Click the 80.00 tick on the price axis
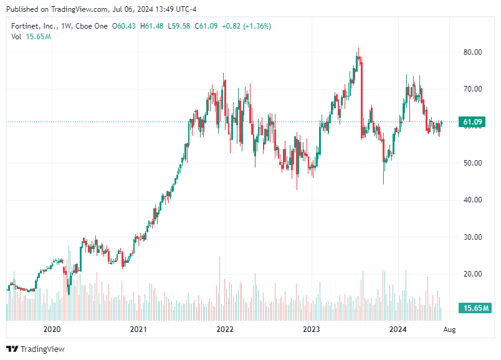tap(473, 52)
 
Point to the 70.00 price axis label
tap(473, 89)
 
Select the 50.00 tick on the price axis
tap(473, 163)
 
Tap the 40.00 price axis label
tap(473, 200)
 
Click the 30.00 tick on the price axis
tap(473, 237)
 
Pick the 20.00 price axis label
tap(473, 274)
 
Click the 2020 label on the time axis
tap(52, 329)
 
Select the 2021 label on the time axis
tap(138, 329)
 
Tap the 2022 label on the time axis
tap(224, 329)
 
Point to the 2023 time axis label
tap(311, 329)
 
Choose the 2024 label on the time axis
tap(397, 329)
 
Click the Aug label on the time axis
tap(449, 329)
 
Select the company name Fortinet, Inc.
tap(34, 26)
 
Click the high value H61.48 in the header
tap(152, 26)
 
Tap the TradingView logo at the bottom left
tap(36, 349)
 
